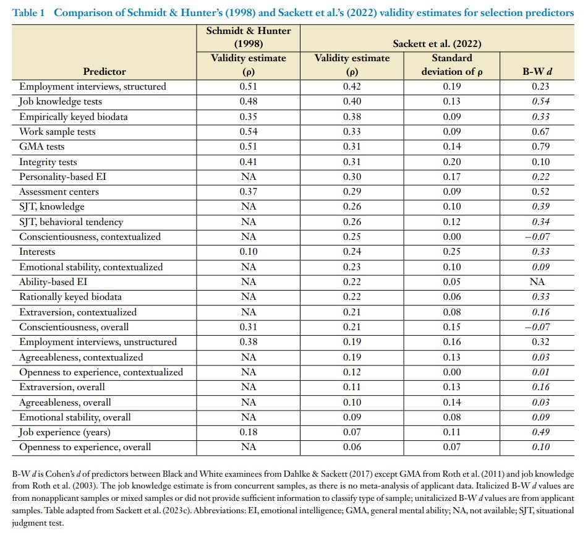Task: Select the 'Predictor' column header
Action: pos(104,72)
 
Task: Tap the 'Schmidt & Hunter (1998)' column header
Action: pos(249,37)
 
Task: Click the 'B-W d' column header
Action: pos(537,72)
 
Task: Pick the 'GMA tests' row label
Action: pos(42,147)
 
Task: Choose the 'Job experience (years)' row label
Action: pos(65,432)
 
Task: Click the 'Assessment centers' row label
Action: pos(59,192)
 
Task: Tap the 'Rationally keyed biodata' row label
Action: pos(70,297)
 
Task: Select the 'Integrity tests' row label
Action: pos(48,162)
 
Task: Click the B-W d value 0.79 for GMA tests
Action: pos(537,147)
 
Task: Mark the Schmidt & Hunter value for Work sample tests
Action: pos(249,132)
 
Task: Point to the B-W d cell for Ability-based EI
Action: pos(537,282)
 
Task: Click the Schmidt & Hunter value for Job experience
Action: pos(249,432)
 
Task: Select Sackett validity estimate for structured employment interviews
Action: pos(352,87)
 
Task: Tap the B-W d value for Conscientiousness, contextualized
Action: pos(537,237)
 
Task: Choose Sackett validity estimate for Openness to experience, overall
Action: pos(352,446)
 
